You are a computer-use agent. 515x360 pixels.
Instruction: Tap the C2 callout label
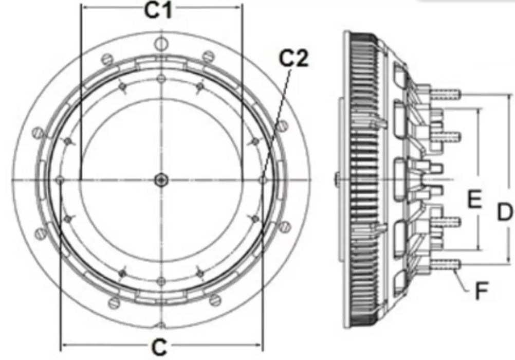tap(293, 59)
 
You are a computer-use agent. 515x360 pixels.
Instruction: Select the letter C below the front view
tap(160, 348)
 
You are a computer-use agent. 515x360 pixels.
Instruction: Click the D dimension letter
tap(505, 211)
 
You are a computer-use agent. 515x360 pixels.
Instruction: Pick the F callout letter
tap(481, 292)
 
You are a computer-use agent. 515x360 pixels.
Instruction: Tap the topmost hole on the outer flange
tap(161, 42)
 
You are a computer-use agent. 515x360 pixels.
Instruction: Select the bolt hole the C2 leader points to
tap(263, 180)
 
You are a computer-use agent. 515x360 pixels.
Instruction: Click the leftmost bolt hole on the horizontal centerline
tap(60, 179)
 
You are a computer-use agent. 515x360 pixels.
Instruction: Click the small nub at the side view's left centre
tap(335, 179)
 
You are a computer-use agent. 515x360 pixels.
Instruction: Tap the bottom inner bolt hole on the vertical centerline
tap(161, 280)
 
